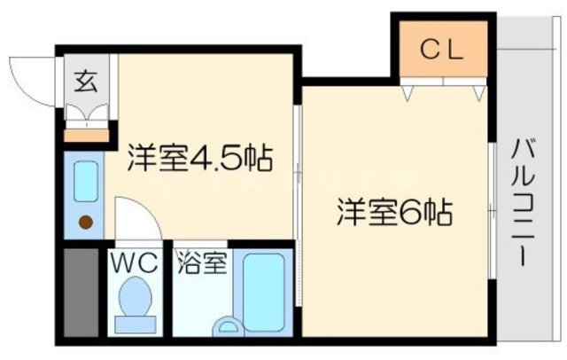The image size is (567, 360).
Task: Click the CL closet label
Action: pyautogui.click(x=440, y=51)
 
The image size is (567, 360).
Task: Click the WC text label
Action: pyautogui.click(x=135, y=263)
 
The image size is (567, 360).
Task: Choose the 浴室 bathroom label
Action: pyautogui.click(x=203, y=262)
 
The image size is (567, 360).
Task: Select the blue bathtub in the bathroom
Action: pyautogui.click(x=263, y=293)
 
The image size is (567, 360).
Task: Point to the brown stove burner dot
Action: pyautogui.click(x=86, y=223)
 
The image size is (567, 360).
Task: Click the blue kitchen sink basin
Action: pyautogui.click(x=86, y=181)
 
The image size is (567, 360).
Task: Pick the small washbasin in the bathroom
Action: pyautogui.click(x=229, y=326)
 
